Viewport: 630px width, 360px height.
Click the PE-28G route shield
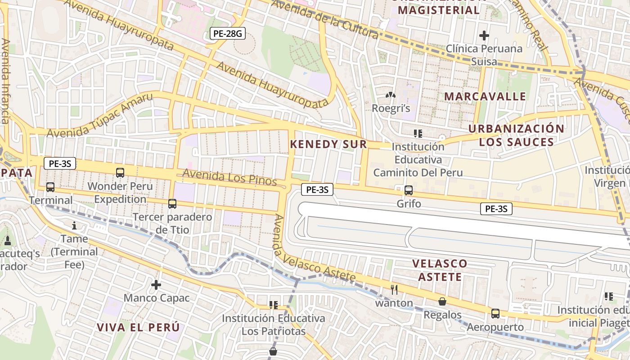tap(228, 33)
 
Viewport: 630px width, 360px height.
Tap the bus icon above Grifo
tap(409, 190)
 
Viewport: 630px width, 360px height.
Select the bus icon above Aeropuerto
tap(495, 314)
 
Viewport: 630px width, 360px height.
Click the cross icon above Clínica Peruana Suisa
tap(484, 35)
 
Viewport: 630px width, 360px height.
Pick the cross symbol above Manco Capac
tap(156, 285)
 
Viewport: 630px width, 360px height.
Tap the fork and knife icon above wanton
tap(395, 290)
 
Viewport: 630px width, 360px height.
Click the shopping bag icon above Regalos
tap(442, 301)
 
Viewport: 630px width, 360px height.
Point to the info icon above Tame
tap(74, 225)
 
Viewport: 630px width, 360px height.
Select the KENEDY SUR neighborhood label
tap(328, 144)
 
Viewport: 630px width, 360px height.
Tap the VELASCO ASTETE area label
tap(440, 270)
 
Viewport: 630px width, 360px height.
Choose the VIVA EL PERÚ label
tap(138, 327)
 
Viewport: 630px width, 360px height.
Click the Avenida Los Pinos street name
tap(229, 177)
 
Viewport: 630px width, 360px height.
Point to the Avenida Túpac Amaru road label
tap(99, 116)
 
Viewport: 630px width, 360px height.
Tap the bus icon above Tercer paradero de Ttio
tap(172, 204)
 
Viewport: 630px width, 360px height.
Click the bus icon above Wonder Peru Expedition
tap(120, 172)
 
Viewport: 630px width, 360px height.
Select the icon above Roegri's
tap(391, 95)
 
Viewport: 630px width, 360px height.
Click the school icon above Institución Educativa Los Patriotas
tap(273, 305)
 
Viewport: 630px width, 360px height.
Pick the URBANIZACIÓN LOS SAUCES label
tap(516, 135)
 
